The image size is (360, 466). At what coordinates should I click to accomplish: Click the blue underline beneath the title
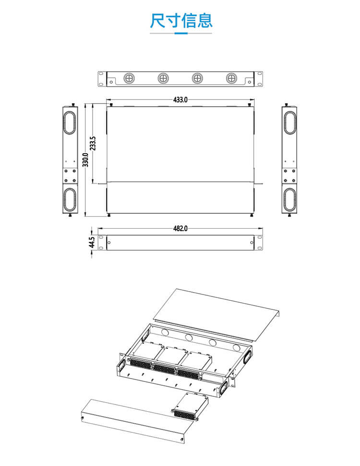180,34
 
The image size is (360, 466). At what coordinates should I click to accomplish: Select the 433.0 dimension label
180,100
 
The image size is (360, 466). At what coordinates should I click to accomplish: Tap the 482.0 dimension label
180,229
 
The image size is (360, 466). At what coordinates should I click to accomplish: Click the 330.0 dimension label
85,159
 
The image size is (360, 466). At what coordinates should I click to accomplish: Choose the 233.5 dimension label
93,143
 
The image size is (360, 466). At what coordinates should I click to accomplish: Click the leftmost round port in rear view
129,78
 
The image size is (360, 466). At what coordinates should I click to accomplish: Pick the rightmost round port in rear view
231,78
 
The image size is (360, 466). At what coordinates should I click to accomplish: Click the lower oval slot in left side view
70,199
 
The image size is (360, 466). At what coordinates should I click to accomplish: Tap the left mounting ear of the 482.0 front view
101,243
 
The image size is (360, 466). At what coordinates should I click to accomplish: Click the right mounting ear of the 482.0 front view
259,243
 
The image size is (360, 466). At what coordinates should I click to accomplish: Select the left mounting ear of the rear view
101,79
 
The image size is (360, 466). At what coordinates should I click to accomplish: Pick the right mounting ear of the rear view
259,79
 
